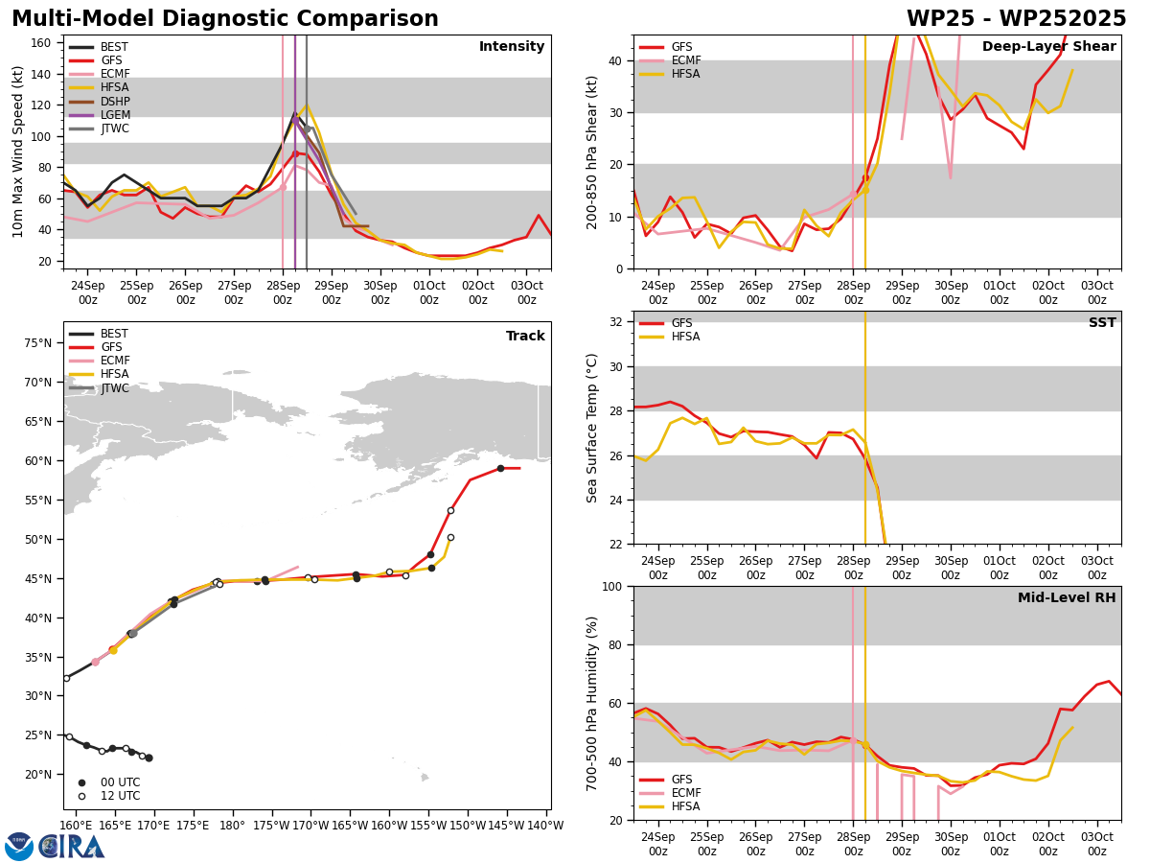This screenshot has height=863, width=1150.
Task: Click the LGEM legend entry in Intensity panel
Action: (99, 115)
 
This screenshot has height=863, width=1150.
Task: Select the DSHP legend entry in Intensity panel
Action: (99, 101)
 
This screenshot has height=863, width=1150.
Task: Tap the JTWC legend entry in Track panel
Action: (99, 387)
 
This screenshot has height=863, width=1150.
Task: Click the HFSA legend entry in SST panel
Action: (669, 337)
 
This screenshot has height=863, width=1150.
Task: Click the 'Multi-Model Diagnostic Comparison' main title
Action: (225, 18)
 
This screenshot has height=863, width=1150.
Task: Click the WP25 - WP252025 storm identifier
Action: (1016, 18)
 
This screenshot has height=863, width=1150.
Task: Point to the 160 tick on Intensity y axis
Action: (41, 43)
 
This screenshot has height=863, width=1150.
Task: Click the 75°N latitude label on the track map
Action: (38, 343)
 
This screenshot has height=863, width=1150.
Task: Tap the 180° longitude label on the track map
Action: (232, 826)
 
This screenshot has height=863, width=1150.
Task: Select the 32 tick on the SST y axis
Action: (615, 322)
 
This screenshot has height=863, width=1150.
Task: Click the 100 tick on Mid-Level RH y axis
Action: (612, 586)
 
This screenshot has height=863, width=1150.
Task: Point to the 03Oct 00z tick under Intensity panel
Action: (526, 292)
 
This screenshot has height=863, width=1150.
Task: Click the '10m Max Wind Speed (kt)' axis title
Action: (17, 152)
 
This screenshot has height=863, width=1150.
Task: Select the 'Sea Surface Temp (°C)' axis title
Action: (591, 428)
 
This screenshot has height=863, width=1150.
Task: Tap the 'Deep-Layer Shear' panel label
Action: (1048, 46)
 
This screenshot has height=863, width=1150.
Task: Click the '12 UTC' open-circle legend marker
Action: (81, 796)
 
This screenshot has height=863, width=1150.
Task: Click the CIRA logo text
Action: (72, 847)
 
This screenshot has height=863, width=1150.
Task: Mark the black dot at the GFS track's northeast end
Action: (500, 469)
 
